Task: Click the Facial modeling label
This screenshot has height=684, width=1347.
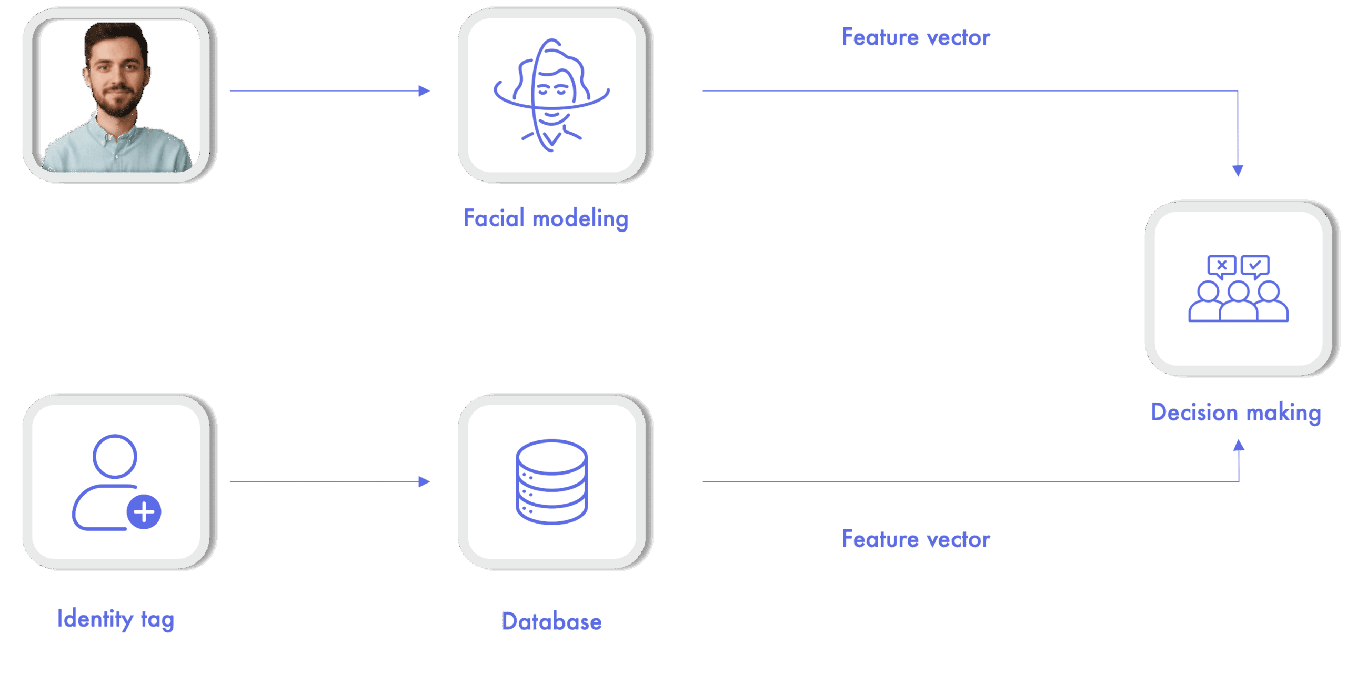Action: click(546, 218)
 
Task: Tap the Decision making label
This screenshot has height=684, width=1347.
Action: click(1235, 413)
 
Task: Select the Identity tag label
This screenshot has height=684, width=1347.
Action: click(116, 619)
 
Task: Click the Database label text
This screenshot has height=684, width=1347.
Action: click(551, 621)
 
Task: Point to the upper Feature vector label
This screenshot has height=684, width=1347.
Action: click(916, 37)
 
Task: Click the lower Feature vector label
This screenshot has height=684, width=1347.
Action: click(916, 539)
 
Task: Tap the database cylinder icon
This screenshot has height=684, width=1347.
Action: click(551, 481)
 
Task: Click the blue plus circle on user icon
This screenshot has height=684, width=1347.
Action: click(144, 511)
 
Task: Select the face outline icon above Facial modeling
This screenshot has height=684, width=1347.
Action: click(551, 95)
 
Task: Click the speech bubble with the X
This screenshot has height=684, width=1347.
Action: click(1221, 265)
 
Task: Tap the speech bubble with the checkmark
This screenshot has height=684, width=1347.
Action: click(1255, 265)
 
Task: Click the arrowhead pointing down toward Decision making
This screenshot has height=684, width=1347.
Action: click(1238, 170)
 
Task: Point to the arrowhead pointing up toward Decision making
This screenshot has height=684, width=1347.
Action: click(1239, 446)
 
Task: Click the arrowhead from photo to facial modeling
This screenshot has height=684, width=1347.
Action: click(424, 91)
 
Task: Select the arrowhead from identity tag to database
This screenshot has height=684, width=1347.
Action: click(424, 481)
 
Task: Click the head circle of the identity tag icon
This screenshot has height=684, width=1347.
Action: click(115, 456)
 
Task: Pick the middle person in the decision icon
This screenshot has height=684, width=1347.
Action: click(1238, 303)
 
